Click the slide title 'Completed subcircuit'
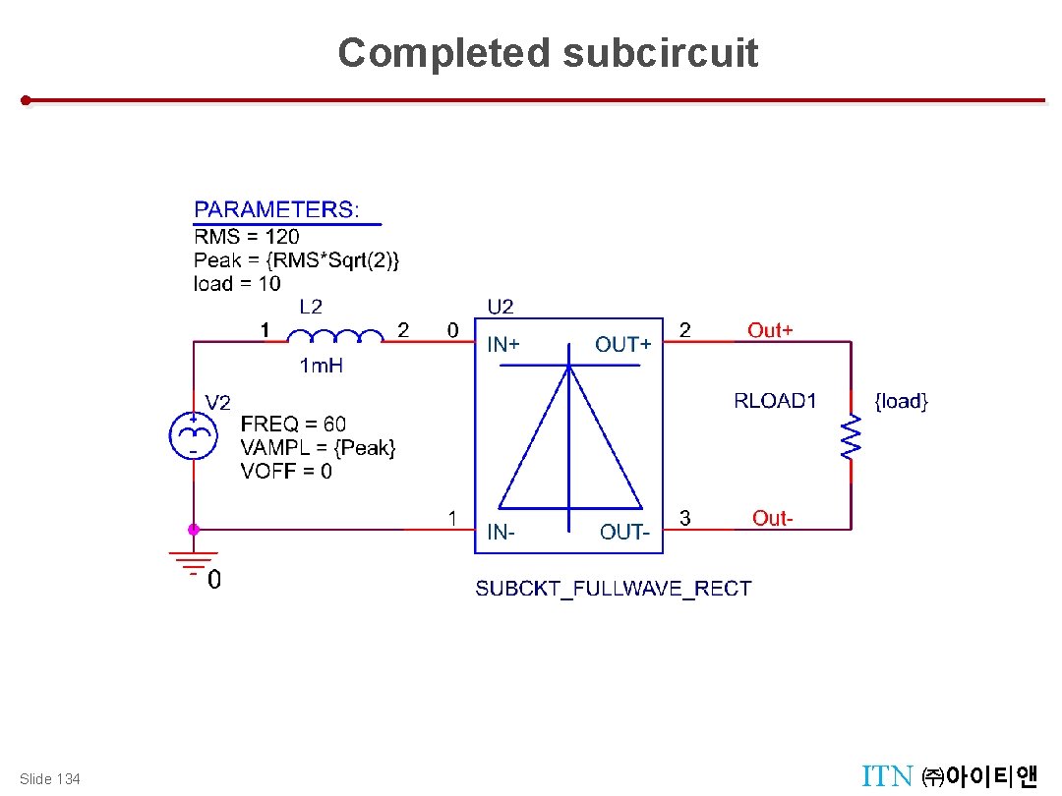pyautogui.click(x=548, y=53)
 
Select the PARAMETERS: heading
pyautogui.click(x=277, y=209)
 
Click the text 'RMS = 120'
pyautogui.click(x=247, y=236)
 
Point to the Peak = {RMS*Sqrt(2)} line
pyautogui.click(x=296, y=260)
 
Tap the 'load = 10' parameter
pyautogui.click(x=237, y=284)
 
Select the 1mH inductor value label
pyautogui.click(x=321, y=367)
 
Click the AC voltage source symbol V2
pyautogui.click(x=194, y=434)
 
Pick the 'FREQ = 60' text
pyautogui.click(x=293, y=425)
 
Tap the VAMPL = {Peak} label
pyautogui.click(x=318, y=448)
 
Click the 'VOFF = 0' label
pyautogui.click(x=286, y=472)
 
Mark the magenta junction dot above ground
pyautogui.click(x=194, y=529)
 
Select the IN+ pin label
pyautogui.click(x=504, y=345)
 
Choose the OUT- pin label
pyautogui.click(x=624, y=532)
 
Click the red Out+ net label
pyautogui.click(x=770, y=330)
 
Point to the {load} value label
pyautogui.click(x=901, y=401)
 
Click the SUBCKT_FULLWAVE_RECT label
pyautogui.click(x=614, y=589)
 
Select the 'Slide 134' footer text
pyautogui.click(x=50, y=779)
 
